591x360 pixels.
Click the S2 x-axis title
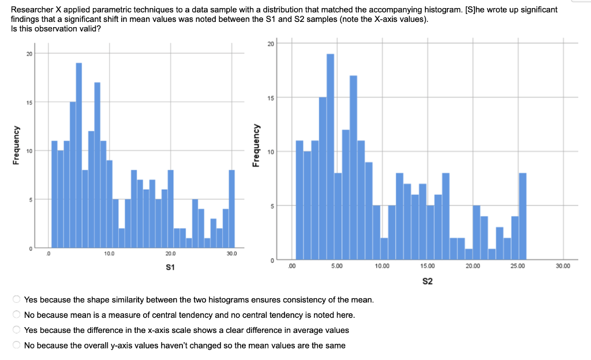(428, 281)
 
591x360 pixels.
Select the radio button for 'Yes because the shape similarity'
(17, 300)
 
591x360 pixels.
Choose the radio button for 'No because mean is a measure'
(17, 315)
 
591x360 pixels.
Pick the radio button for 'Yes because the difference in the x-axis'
(17, 330)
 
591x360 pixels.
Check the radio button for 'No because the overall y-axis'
(17, 345)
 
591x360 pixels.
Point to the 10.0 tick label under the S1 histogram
(109, 254)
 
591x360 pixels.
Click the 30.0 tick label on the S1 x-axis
(231, 254)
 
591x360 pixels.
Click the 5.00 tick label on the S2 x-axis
(337, 266)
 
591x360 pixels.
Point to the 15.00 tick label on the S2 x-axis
(428, 266)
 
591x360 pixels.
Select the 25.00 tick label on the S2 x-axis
(518, 266)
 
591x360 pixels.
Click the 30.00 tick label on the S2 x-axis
(563, 266)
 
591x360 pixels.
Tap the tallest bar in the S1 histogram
(79, 156)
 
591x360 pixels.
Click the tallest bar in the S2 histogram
(330, 156)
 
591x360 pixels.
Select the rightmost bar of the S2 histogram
(522, 216)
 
